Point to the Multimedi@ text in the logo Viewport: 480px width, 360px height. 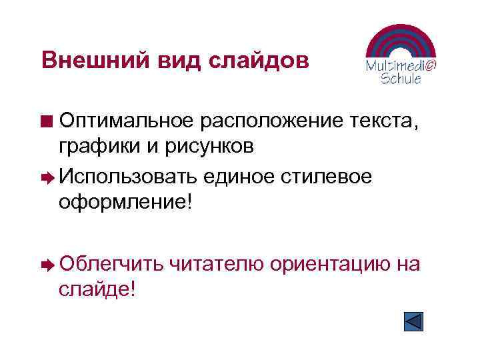point(401,66)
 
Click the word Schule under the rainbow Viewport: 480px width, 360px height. point(401,79)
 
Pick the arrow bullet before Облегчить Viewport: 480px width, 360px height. point(47,265)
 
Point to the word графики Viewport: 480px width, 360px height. point(99,148)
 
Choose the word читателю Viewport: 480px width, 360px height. point(217,265)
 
